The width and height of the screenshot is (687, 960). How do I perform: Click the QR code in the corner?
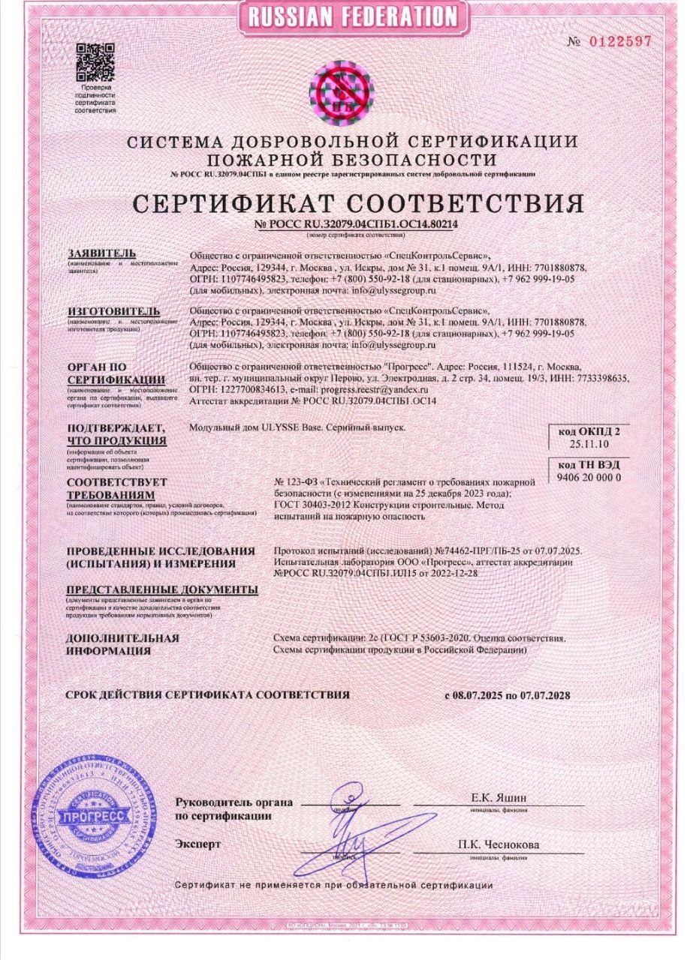click(x=95, y=64)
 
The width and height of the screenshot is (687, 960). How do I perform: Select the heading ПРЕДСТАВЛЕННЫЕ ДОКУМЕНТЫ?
click(x=161, y=589)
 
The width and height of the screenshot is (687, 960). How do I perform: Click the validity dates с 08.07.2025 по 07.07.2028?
click(x=508, y=695)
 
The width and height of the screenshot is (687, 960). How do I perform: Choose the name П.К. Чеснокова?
click(x=499, y=844)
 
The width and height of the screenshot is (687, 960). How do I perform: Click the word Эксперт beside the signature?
click(x=197, y=844)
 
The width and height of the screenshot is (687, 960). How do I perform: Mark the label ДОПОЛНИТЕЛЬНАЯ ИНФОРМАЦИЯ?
click(x=123, y=644)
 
